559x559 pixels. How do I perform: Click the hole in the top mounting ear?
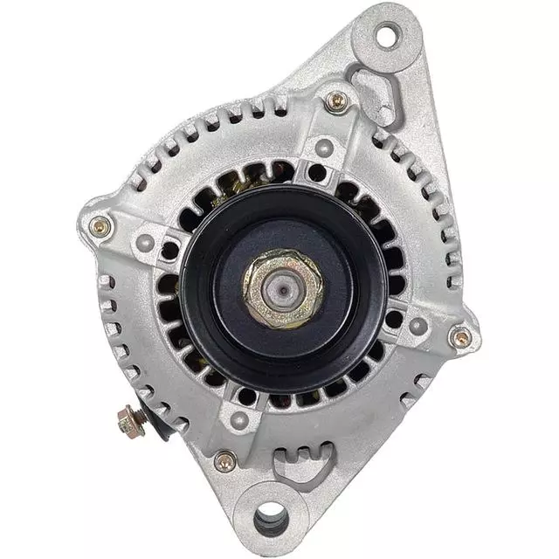point(386,36)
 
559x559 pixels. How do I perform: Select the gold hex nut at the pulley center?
point(282,287)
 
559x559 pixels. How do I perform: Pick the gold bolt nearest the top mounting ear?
point(337,101)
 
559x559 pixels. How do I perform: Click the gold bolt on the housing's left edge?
point(100,227)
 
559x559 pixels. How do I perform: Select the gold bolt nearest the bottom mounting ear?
point(225,460)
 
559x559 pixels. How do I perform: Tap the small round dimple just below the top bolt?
point(324,147)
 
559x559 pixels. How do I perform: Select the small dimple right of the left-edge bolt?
point(146,243)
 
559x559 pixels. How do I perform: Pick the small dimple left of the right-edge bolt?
point(418,326)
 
